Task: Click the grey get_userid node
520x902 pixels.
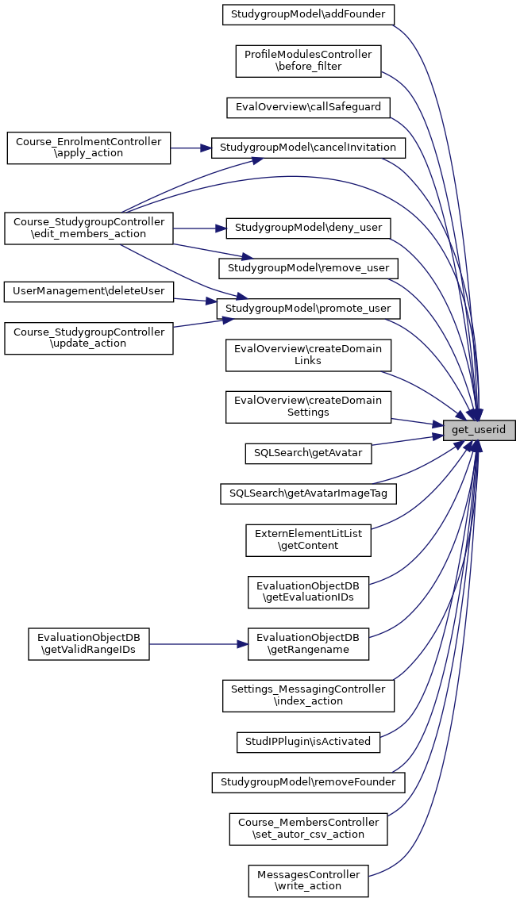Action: point(480,430)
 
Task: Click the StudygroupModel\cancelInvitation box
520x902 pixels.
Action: point(308,148)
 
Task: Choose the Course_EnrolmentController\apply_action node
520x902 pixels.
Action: point(89,148)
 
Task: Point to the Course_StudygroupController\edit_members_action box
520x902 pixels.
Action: point(89,228)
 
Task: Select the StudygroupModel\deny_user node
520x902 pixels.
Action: point(308,228)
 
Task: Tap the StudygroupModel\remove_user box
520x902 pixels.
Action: point(308,268)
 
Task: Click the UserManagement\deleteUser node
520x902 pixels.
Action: point(89,291)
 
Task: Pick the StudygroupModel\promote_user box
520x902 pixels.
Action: point(308,308)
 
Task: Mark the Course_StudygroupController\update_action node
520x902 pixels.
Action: point(89,337)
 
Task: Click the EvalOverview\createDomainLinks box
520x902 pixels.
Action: point(308,355)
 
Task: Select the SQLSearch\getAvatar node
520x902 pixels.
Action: point(308,453)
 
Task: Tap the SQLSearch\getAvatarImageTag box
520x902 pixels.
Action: point(308,493)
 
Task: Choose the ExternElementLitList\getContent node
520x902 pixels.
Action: point(308,539)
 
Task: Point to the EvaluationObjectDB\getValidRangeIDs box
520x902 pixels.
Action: point(89,644)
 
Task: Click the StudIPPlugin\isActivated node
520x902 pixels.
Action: point(308,742)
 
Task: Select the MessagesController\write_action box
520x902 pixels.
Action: point(308,881)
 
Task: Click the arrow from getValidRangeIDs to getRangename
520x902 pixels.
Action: point(198,644)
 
